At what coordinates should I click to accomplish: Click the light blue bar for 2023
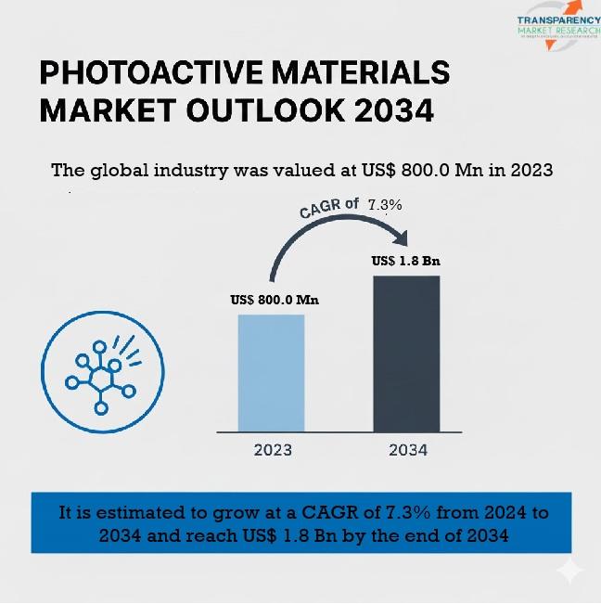click(x=271, y=373)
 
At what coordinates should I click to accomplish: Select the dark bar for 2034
click(x=406, y=353)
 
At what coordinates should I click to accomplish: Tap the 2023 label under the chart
click(x=273, y=450)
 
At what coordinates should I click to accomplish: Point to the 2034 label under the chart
click(x=408, y=450)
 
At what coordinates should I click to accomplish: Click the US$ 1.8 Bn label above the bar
click(x=405, y=261)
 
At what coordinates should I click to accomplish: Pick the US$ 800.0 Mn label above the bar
click(x=274, y=300)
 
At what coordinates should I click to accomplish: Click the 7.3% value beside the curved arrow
click(x=385, y=204)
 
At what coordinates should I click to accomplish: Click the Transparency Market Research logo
click(x=556, y=25)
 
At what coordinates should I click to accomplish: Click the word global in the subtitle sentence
click(x=124, y=171)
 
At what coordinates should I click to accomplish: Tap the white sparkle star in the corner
click(x=569, y=570)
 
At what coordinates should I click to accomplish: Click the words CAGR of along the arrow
click(x=330, y=208)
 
